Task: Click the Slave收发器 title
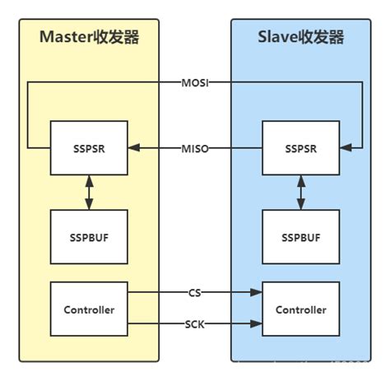[x=299, y=38]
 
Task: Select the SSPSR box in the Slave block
[x=299, y=148]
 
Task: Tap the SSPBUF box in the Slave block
[x=299, y=237]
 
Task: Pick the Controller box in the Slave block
[x=299, y=310]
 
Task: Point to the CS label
[x=194, y=292]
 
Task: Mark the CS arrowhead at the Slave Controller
[x=256, y=292]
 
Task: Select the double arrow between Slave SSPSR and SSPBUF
[x=299, y=192]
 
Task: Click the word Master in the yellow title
[x=67, y=38]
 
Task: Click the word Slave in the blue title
[x=281, y=38]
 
